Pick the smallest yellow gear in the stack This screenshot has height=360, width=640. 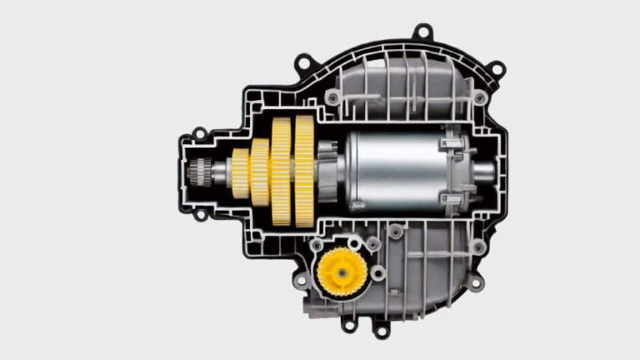[x=240, y=173]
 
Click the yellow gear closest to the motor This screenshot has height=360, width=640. [x=304, y=171]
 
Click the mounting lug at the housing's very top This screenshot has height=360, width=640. [x=422, y=31]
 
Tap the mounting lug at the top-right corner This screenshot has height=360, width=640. [x=496, y=68]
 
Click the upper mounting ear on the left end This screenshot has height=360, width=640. [x=199, y=133]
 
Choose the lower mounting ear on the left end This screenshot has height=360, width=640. [x=200, y=215]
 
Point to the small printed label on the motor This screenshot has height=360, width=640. [x=359, y=204]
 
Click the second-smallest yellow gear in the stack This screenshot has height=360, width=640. [x=259, y=172]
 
